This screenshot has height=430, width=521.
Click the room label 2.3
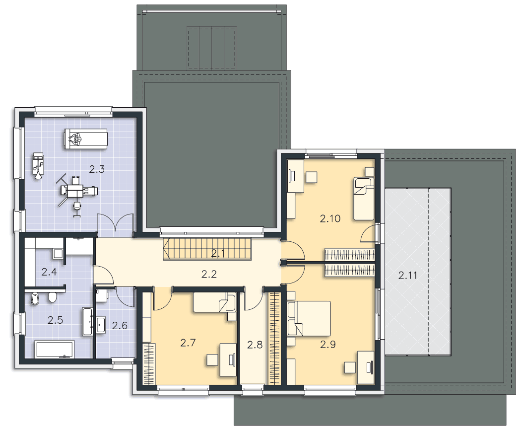pyautogui.click(x=97, y=169)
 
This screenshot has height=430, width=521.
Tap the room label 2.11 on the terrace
pyautogui.click(x=408, y=276)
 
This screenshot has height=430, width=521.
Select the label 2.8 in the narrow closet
pyautogui.click(x=255, y=345)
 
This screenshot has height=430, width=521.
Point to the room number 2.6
pyautogui.click(x=120, y=326)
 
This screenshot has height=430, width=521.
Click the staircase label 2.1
pyautogui.click(x=218, y=254)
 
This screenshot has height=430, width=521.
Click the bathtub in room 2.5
pyautogui.click(x=55, y=349)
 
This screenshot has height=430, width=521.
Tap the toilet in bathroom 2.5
pyautogui.click(x=52, y=297)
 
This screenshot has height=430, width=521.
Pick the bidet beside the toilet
pyautogui.click(x=35, y=298)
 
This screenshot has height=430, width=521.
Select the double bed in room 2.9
pyautogui.click(x=309, y=319)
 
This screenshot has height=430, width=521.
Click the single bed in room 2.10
pyautogui.click(x=364, y=199)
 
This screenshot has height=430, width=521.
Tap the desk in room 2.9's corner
pyautogui.click(x=366, y=367)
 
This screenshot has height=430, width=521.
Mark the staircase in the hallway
pyautogui.click(x=208, y=249)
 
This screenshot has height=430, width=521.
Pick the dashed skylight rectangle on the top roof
pyautogui.click(x=211, y=48)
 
